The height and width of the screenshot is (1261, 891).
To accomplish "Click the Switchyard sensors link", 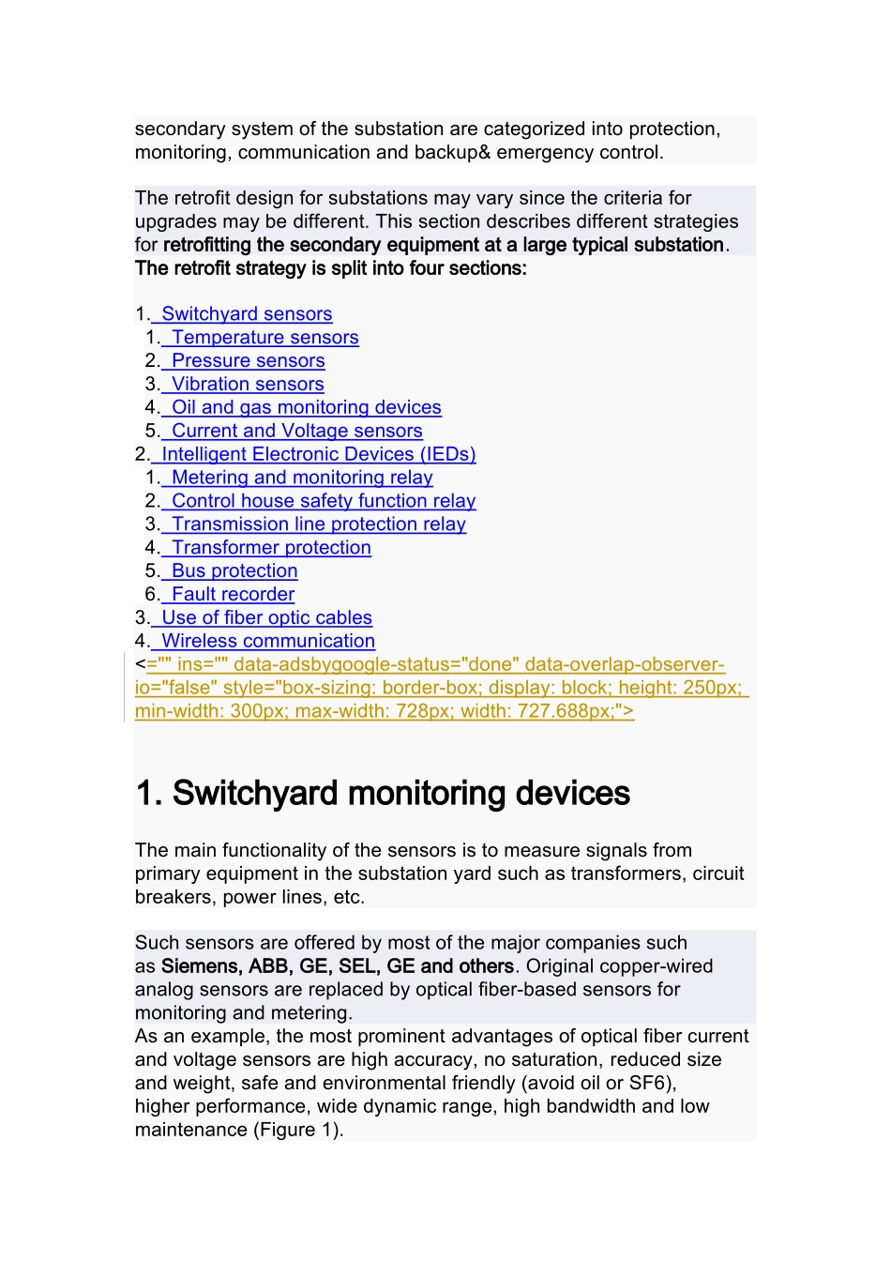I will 247,314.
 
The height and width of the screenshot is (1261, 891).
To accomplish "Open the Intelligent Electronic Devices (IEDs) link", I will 318,455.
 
